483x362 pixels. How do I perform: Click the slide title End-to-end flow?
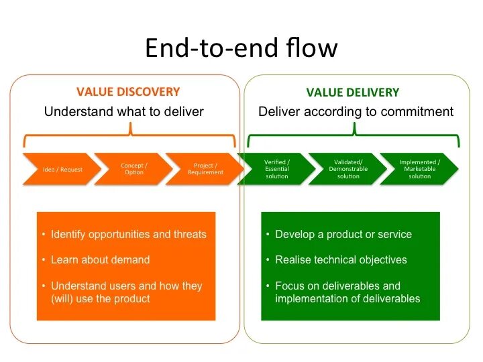pyautogui.click(x=241, y=48)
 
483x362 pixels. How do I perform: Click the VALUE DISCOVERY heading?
pyautogui.click(x=128, y=92)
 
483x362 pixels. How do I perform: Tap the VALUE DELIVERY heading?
pyautogui.click(x=353, y=93)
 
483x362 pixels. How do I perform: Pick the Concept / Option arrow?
pyautogui.click(x=132, y=169)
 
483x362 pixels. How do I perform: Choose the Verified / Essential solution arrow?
pyautogui.click(x=276, y=169)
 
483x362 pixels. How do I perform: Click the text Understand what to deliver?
pyautogui.click(x=124, y=111)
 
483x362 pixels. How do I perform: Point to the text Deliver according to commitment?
pyautogui.click(x=356, y=111)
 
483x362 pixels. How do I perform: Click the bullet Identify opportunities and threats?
pyautogui.click(x=129, y=235)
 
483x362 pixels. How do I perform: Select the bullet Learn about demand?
pyautogui.click(x=101, y=260)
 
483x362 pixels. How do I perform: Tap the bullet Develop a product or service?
pyautogui.click(x=343, y=235)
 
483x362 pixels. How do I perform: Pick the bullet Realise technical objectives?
pyautogui.click(x=341, y=260)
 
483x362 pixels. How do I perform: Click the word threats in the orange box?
pyautogui.click(x=189, y=235)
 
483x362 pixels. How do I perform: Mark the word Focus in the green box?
pyautogui.click(x=290, y=286)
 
